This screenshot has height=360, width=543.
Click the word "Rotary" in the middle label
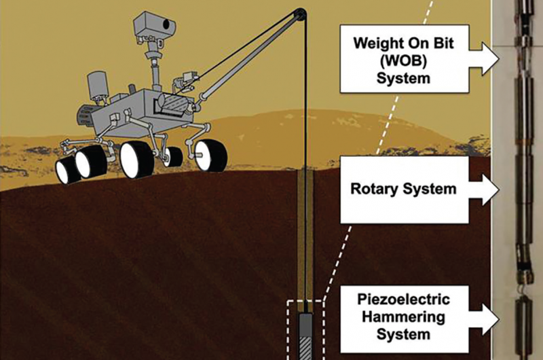point(374,189)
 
